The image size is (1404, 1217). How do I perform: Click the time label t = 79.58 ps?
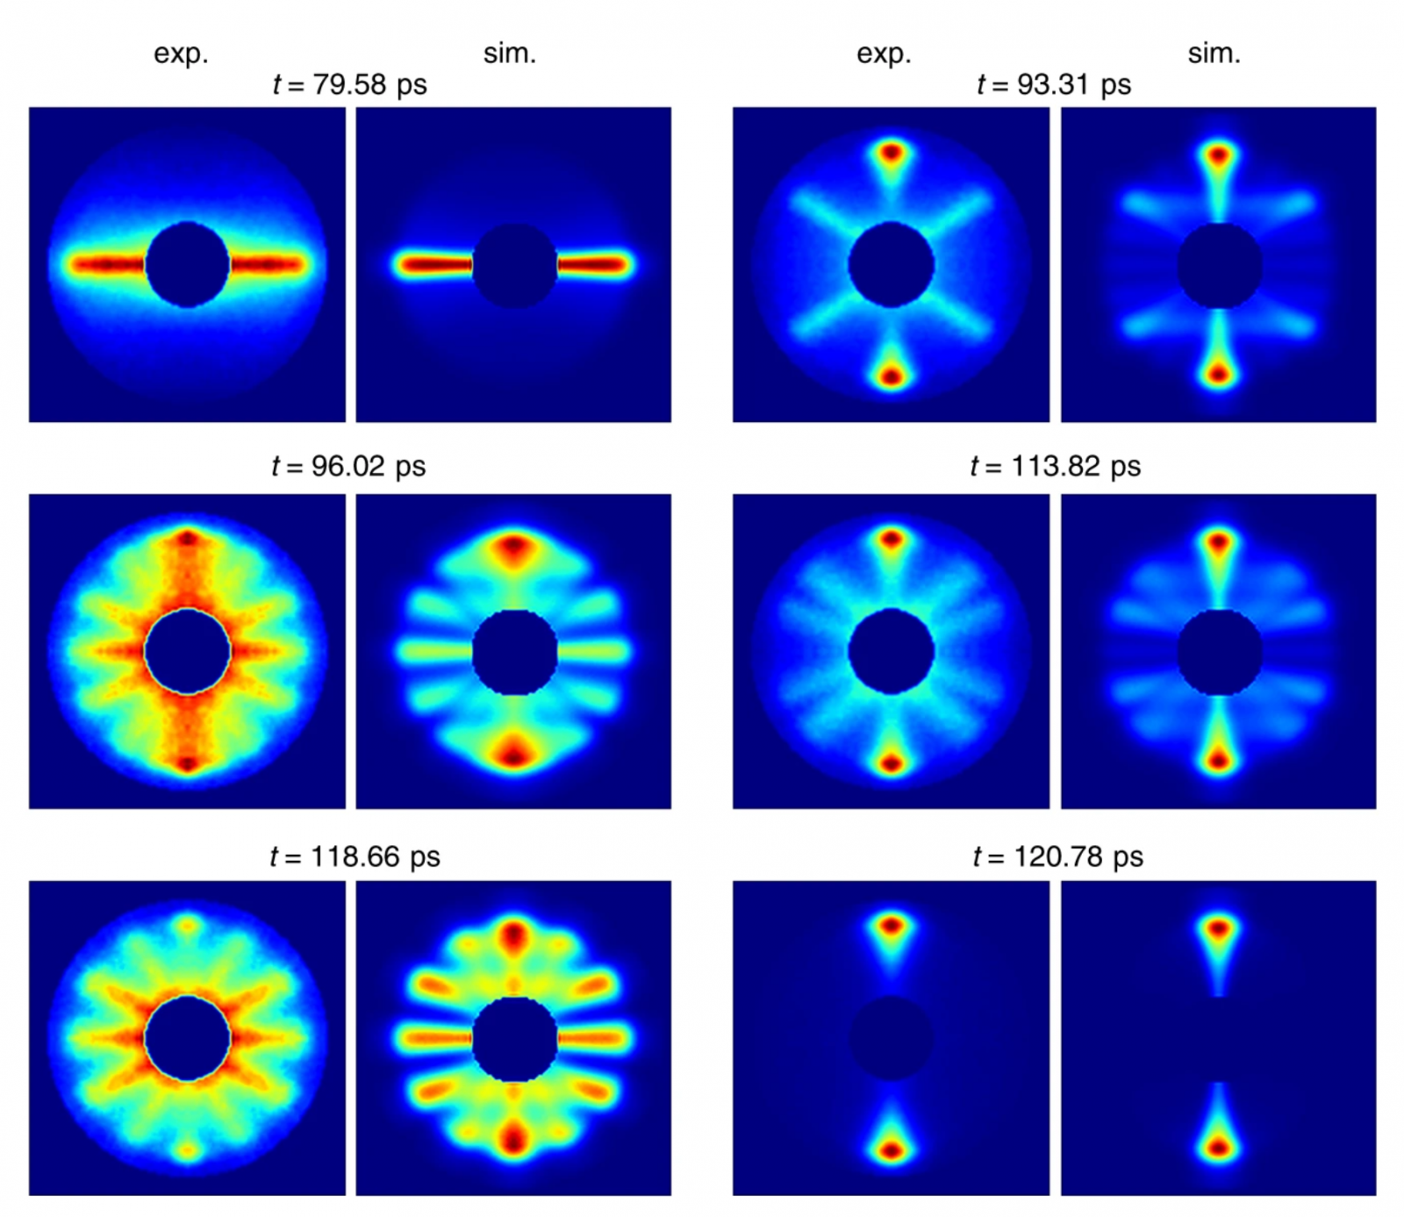point(349,85)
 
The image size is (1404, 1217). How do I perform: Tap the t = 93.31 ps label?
point(1053,85)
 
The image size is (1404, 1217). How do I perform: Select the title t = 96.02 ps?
point(348,466)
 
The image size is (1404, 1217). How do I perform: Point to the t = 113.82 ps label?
point(1055,466)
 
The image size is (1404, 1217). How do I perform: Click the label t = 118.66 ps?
point(355,856)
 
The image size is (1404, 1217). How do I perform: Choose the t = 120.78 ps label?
point(1057,856)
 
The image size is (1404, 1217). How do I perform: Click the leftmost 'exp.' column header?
point(181,54)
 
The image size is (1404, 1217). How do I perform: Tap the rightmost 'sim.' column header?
point(1214,54)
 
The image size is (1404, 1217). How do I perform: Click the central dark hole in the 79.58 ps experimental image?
point(187,264)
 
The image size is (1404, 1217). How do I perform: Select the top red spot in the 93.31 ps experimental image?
point(891,154)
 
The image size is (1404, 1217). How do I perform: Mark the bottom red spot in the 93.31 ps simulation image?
point(1218,375)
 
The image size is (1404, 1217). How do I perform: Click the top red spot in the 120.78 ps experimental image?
point(891,925)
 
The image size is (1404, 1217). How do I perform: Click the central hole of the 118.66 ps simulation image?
point(514,1039)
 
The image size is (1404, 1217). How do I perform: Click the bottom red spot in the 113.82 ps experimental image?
point(891,763)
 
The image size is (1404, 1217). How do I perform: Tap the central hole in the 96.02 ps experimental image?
point(187,651)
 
